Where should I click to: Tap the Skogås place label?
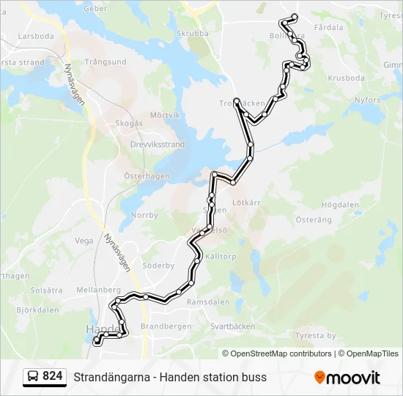click(128, 123)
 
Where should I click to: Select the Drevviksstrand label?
click(157, 145)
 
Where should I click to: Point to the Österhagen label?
click(147, 176)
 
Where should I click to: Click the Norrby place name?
click(144, 216)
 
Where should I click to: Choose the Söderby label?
click(158, 265)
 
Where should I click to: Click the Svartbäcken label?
click(232, 326)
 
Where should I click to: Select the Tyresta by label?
click(314, 336)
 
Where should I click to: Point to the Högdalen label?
click(338, 205)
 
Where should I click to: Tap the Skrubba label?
click(193, 33)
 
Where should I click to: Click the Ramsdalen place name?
click(209, 301)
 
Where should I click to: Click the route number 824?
click(53, 376)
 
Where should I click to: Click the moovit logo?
click(347, 378)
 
